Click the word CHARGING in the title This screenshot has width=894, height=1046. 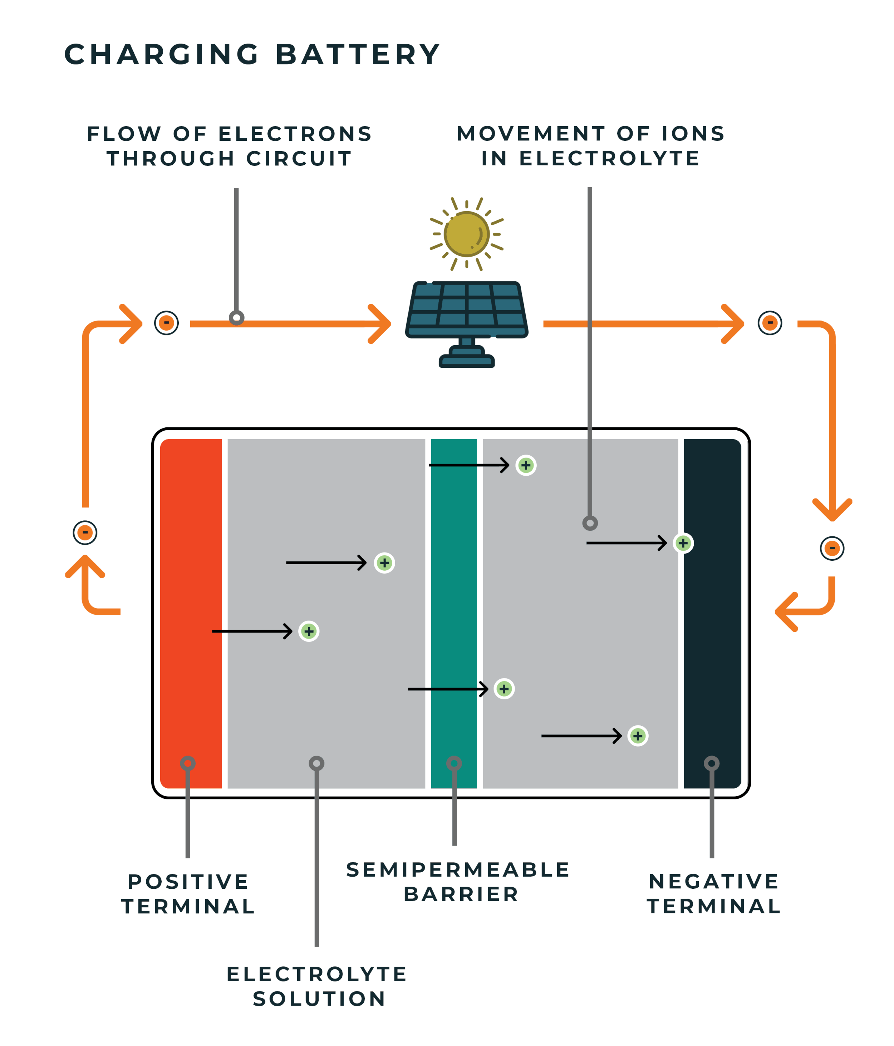tap(161, 55)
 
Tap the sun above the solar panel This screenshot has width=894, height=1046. tap(466, 234)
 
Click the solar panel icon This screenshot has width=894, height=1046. tap(466, 313)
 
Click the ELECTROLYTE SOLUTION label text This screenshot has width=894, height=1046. tap(317, 987)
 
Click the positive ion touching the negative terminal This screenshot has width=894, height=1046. tap(683, 543)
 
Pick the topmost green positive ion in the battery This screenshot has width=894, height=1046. tap(526, 465)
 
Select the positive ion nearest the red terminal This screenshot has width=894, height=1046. tap(309, 631)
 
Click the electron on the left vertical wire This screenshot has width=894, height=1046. tap(85, 532)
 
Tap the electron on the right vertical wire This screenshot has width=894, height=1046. tap(832, 548)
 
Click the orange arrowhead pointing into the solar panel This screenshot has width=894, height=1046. tap(380, 324)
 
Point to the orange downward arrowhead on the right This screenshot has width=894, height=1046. tap(832, 510)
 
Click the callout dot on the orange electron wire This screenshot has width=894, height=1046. tap(236, 318)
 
